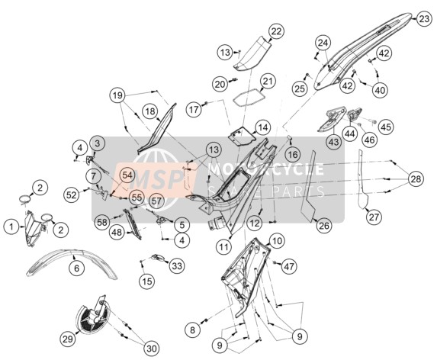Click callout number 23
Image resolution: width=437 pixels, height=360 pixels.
click(x=424, y=20)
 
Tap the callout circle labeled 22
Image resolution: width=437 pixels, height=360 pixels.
click(x=276, y=31)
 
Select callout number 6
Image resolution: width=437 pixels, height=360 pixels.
click(x=76, y=268)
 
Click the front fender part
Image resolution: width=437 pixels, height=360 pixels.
click(x=72, y=263)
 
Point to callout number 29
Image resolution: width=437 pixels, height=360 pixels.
click(x=68, y=339)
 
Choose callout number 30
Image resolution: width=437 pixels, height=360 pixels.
click(x=152, y=348)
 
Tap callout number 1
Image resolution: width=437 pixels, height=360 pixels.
click(x=11, y=227)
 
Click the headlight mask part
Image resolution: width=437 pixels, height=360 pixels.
click(x=34, y=228)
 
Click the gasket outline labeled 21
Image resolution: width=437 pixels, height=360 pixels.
click(x=249, y=97)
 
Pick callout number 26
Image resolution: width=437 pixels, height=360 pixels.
click(x=324, y=226)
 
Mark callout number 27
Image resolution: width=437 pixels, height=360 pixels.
click(x=374, y=217)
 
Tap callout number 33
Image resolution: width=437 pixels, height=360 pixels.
click(x=177, y=266)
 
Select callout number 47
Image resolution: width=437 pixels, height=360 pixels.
click(x=289, y=267)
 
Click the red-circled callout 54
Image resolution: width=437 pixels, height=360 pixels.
click(x=127, y=175)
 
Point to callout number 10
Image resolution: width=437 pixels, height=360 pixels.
click(x=277, y=240)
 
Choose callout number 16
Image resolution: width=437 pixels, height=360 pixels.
click(x=293, y=153)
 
